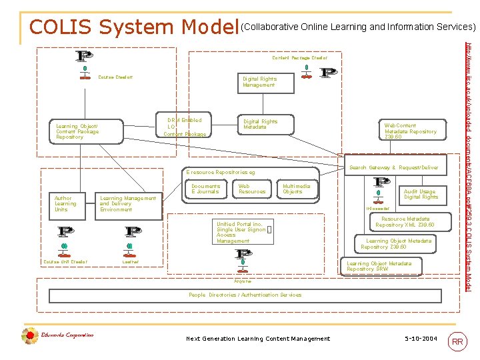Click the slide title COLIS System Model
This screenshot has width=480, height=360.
(x=134, y=27)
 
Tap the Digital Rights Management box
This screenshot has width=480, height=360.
(x=259, y=82)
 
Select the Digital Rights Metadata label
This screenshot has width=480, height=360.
(x=260, y=125)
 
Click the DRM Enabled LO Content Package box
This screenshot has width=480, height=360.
(x=185, y=127)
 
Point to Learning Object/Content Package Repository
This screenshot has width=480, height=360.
(x=77, y=131)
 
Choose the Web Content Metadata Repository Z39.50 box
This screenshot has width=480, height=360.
(x=410, y=131)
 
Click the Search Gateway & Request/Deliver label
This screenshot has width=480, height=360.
(x=394, y=167)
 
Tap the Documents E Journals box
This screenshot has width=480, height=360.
(x=205, y=189)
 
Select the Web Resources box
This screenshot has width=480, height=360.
(x=252, y=189)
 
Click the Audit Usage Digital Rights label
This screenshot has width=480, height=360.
(x=421, y=194)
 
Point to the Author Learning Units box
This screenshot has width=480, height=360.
(x=65, y=204)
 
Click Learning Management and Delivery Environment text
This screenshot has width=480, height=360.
(x=127, y=204)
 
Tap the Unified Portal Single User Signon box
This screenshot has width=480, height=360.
(x=241, y=232)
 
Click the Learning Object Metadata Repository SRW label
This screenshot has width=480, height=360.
(x=379, y=266)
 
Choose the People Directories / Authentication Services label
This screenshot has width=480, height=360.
(x=245, y=295)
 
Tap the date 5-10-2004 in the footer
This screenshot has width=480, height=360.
(x=421, y=339)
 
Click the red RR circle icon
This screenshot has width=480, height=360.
(x=458, y=341)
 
